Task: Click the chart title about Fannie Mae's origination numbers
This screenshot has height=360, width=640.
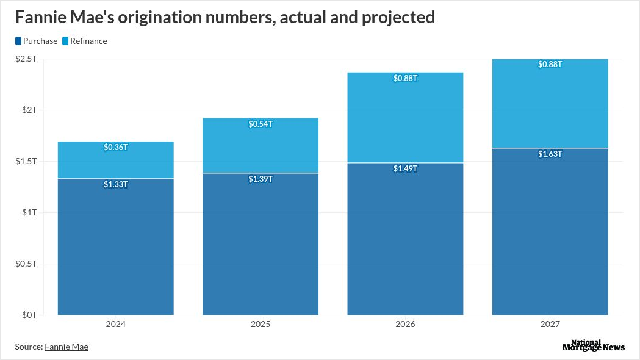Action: point(225,17)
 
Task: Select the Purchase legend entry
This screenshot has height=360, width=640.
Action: point(36,41)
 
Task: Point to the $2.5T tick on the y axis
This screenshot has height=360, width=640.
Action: point(26,59)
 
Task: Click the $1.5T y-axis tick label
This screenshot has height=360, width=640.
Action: point(26,161)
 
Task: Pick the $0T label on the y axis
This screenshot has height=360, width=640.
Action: point(29,315)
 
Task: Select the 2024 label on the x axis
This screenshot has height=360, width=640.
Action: point(115,324)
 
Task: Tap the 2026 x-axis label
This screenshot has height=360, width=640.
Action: point(405,324)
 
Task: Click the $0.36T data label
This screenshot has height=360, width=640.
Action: point(115,148)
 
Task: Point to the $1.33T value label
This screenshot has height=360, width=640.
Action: point(115,184)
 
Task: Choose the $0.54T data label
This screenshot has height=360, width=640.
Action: point(261,124)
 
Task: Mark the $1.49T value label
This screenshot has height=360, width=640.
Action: point(405,168)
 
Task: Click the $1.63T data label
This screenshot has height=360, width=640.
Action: point(550,154)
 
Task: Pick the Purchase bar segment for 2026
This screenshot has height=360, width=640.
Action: point(405,244)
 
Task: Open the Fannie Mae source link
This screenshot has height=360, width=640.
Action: point(67,347)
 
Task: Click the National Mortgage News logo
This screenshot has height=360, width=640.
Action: point(593,345)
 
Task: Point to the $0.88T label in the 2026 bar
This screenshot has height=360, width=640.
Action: point(405,79)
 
